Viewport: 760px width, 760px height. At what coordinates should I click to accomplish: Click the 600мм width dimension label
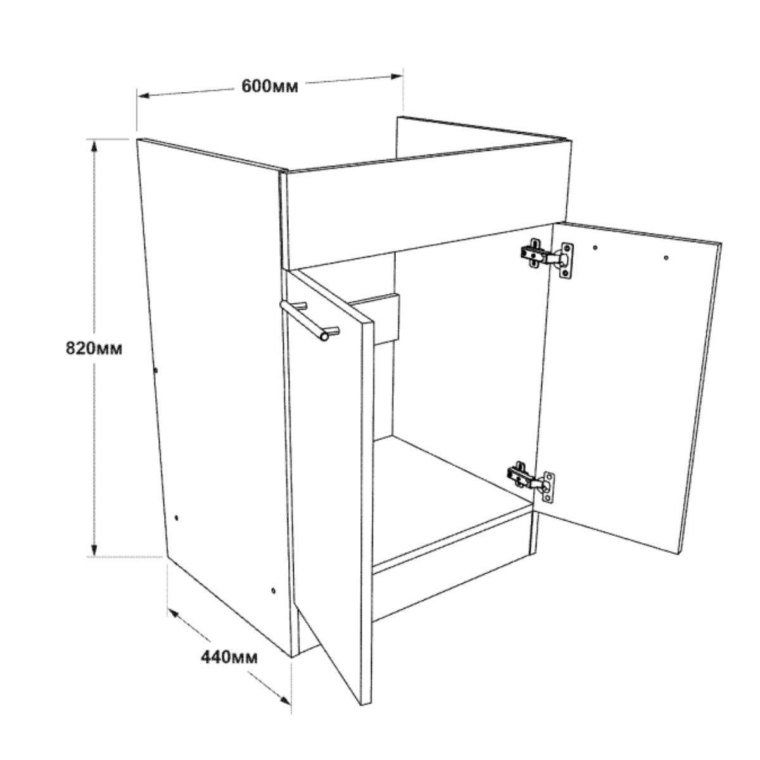270,86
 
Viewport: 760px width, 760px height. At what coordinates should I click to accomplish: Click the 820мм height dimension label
94,348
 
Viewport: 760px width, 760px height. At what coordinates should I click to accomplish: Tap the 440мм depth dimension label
229,657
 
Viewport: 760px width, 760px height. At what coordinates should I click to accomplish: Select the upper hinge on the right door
547,258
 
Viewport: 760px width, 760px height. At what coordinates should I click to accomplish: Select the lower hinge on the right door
531,481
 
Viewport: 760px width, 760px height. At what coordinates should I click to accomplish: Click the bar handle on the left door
310,320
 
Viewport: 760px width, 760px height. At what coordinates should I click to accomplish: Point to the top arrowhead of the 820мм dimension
94,146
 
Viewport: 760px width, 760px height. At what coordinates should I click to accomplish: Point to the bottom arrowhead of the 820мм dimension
94,550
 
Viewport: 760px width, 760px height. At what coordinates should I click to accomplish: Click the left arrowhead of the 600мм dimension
144,96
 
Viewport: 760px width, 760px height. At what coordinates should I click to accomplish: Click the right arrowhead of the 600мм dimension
396,77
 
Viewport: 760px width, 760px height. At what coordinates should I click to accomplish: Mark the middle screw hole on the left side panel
176,517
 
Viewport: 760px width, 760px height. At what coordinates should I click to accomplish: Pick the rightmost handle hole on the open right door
666,258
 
